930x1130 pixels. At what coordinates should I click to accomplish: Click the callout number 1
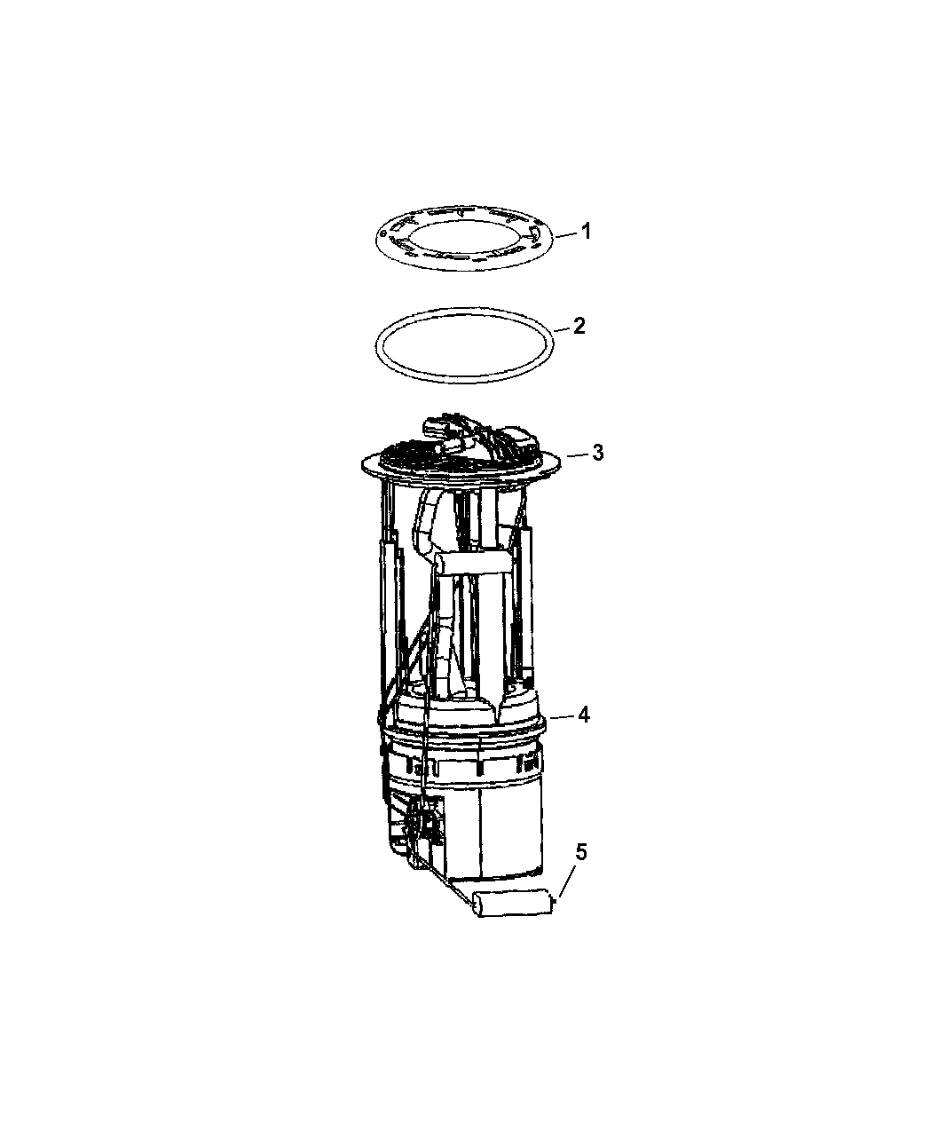click(586, 232)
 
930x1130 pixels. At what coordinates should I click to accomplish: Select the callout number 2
click(579, 326)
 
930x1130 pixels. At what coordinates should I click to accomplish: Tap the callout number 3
click(597, 453)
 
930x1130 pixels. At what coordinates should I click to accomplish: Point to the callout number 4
click(583, 715)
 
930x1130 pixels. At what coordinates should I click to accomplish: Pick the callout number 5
click(580, 867)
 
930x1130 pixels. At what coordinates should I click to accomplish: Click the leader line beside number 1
click(564, 234)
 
